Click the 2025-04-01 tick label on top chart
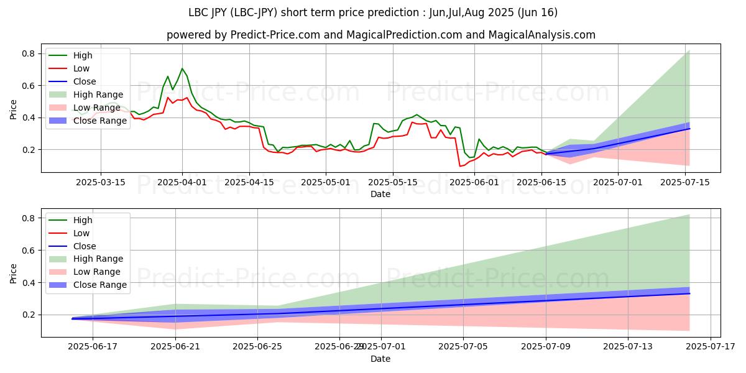click(182, 182)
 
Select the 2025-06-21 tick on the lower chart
click(175, 346)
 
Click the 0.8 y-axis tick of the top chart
click(28, 53)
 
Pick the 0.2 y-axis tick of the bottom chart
click(28, 315)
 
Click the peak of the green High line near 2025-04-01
click(182, 68)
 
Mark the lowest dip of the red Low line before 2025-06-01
click(460, 166)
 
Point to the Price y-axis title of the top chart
click(14, 109)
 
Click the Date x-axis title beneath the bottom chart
click(380, 359)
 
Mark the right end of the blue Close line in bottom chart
click(689, 293)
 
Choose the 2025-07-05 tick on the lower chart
click(463, 346)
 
